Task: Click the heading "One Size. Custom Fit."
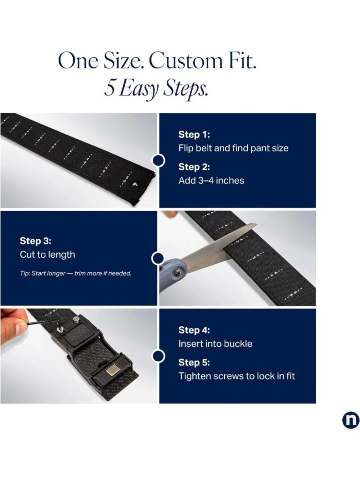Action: pyautogui.click(x=157, y=61)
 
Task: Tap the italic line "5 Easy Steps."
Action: pyautogui.click(x=156, y=90)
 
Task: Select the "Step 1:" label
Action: pyautogui.click(x=194, y=134)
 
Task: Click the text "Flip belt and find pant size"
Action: pyautogui.click(x=233, y=148)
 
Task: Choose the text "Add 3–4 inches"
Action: pyautogui.click(x=211, y=180)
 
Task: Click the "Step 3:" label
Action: pyautogui.click(x=36, y=241)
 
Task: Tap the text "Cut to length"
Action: pyautogui.click(x=48, y=255)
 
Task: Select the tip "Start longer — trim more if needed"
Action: pyautogui.click(x=76, y=273)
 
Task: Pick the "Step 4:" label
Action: pyautogui.click(x=194, y=330)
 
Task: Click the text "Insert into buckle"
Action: pyautogui.click(x=215, y=344)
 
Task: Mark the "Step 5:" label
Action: pyautogui.click(x=194, y=362)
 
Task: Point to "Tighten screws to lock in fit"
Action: pyautogui.click(x=237, y=376)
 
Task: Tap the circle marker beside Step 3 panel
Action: pyautogui.click(x=158, y=258)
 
